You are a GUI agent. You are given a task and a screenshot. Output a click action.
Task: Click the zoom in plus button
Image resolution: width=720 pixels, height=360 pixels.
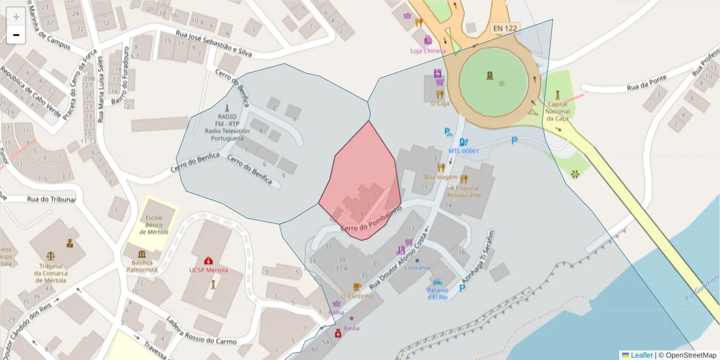tap(16, 17)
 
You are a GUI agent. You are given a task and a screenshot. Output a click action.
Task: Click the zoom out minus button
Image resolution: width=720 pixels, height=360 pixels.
tap(16, 35)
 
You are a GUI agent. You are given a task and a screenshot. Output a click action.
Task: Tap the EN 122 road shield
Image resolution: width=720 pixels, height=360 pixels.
tap(505, 28)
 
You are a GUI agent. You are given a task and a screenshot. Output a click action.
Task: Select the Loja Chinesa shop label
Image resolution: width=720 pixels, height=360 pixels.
tap(428, 51)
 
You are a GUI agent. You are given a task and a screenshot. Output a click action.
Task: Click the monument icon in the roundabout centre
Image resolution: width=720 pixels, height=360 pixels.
tap(490, 76)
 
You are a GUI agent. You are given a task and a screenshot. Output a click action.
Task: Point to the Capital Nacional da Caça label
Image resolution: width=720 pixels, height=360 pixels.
tap(559, 111)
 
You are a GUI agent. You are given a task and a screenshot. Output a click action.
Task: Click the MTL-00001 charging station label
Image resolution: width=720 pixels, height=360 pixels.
tap(464, 151)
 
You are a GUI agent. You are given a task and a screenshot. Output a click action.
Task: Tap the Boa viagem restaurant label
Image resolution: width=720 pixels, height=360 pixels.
tap(441, 177)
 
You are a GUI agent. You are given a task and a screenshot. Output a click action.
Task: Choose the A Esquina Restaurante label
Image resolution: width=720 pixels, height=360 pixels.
tap(464, 191)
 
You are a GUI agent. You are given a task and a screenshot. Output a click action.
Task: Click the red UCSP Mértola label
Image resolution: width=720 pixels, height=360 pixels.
tap(208, 270)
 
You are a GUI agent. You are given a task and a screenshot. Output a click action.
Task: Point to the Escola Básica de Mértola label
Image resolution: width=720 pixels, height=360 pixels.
tap(154, 225)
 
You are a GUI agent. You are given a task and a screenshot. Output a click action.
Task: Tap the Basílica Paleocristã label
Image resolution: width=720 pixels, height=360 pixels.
tap(141, 266)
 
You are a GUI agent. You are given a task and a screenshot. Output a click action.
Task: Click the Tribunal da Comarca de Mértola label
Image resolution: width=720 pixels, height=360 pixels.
tap(52, 273)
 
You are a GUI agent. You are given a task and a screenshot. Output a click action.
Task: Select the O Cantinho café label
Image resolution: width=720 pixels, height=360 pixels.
tap(357, 296)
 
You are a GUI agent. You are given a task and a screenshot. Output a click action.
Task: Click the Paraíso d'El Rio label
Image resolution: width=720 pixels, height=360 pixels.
tap(437, 293)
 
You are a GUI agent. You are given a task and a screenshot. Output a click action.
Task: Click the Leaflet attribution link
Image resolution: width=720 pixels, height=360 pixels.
tap(641, 355)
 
